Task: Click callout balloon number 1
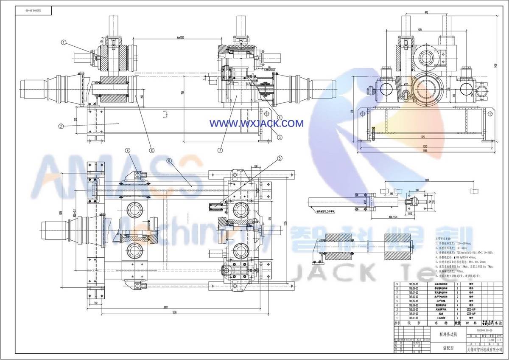(x=64, y=42)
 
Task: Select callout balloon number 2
(x=62, y=126)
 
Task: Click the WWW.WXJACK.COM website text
(x=257, y=124)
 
